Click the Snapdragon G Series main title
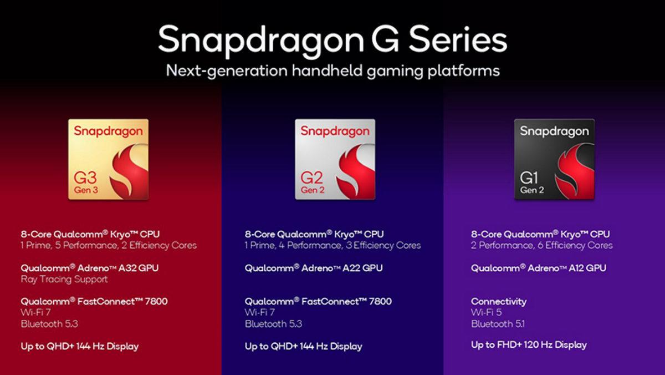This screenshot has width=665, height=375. tap(332, 40)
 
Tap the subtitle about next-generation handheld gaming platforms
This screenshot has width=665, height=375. tap(332, 71)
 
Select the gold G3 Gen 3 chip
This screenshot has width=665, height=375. tap(108, 159)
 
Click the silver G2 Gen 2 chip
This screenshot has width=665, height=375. tap(335, 159)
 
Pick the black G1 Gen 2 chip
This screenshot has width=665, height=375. tap(554, 159)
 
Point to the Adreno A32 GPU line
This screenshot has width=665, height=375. tap(90, 268)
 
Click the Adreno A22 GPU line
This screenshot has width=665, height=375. tap(314, 268)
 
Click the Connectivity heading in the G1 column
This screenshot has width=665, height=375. tap(499, 301)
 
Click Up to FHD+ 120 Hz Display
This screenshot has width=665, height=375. tap(529, 345)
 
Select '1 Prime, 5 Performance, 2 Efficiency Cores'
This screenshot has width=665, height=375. tap(109, 245)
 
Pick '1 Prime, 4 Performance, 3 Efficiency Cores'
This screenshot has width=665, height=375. tap(332, 245)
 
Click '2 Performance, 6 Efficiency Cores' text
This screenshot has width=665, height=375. tap(542, 245)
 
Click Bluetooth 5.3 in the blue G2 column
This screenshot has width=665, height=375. tap(273, 323)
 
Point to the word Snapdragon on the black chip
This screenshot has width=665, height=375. tap(554, 132)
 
